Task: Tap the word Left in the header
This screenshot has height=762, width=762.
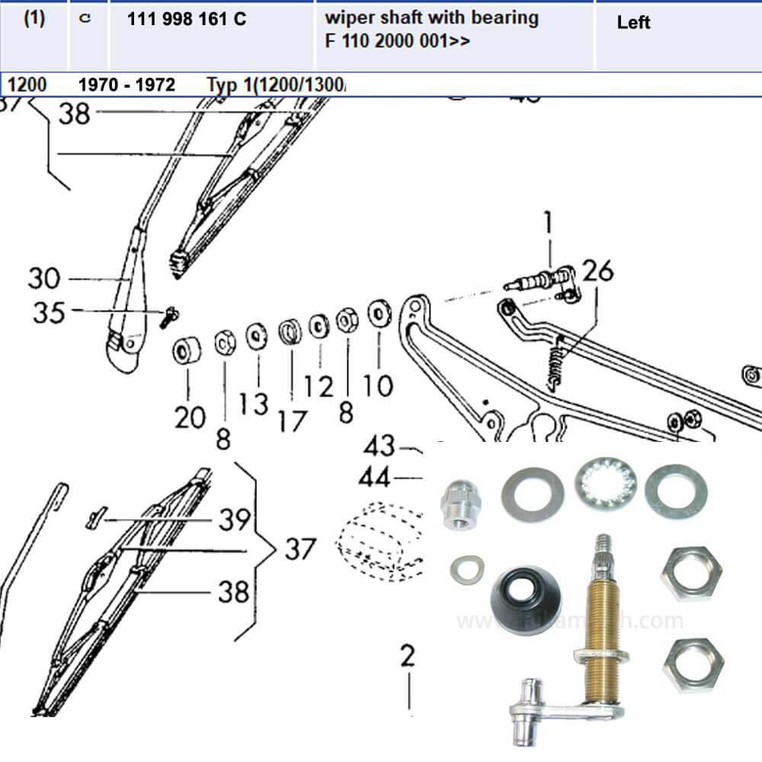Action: point(633,23)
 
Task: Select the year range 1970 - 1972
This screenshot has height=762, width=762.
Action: point(126,84)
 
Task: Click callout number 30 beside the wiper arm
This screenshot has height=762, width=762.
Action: point(44,278)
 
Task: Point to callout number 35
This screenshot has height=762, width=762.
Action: point(49,312)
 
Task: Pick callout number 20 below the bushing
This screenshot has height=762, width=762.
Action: point(190,417)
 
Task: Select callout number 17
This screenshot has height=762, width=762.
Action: point(292,420)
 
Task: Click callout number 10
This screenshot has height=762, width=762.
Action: point(378,386)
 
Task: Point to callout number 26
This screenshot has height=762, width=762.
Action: point(597,271)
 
